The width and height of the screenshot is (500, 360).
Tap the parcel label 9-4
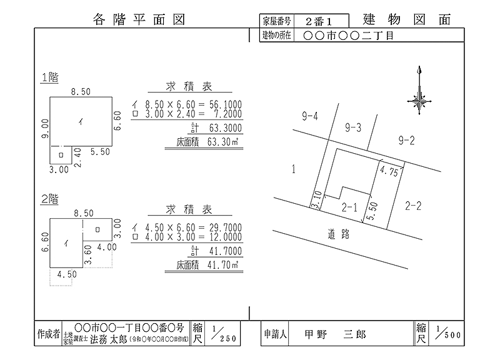tap(310, 116)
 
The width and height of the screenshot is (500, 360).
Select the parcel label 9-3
tap(353, 128)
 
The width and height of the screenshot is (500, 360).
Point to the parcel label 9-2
tap(407, 140)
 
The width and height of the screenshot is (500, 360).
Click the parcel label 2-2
tap(413, 206)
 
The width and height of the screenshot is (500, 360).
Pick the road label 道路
tap(339, 234)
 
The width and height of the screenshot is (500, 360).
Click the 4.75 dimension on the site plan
tap(389, 171)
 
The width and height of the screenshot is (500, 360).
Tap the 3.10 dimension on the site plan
tap(317, 199)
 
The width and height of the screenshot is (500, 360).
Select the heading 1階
tap(50, 77)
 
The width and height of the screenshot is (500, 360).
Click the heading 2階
tap(50, 199)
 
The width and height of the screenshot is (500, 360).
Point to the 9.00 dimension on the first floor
tap(45, 129)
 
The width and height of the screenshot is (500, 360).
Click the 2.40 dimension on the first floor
tap(77, 157)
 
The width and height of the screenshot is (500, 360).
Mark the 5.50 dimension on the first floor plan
tap(100, 152)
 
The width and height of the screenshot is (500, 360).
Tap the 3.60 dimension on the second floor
tap(87, 254)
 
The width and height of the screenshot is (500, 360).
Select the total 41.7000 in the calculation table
tap(226, 251)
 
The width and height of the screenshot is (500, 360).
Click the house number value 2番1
tap(319, 21)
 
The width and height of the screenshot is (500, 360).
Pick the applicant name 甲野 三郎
tap(335, 334)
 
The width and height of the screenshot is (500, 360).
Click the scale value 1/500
tap(448, 332)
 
